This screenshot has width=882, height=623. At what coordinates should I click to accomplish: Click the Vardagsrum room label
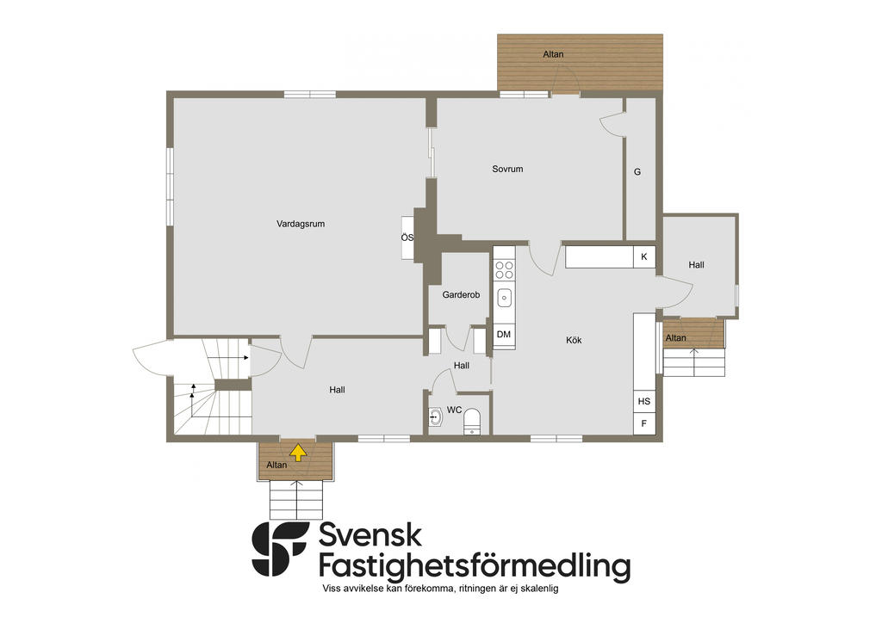pyautogui.click(x=301, y=224)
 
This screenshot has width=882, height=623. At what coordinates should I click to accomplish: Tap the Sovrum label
pyautogui.click(x=507, y=169)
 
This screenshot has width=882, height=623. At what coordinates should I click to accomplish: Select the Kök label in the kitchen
pyautogui.click(x=574, y=340)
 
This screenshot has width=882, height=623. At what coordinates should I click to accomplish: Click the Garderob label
pyautogui.click(x=461, y=294)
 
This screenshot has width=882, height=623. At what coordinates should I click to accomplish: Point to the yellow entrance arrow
pyautogui.click(x=297, y=452)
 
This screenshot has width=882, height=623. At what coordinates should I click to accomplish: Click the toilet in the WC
pyautogui.click(x=472, y=422)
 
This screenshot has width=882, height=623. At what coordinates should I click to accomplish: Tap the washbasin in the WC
pyautogui.click(x=436, y=416)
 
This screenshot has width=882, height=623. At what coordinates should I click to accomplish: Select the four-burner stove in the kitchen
pyautogui.click(x=504, y=269)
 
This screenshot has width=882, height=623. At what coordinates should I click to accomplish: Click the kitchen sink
pyautogui.click(x=504, y=298)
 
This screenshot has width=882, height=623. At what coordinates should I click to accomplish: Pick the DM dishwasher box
pyautogui.click(x=504, y=335)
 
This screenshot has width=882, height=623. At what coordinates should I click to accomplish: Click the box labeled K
pyautogui.click(x=644, y=257)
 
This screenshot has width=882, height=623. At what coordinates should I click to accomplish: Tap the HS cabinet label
pyautogui.click(x=644, y=401)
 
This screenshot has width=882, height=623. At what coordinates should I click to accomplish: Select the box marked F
pyautogui.click(x=644, y=423)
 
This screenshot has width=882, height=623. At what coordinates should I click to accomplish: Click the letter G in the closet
pyautogui.click(x=637, y=172)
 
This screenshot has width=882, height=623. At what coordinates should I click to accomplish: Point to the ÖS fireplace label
pyautogui.click(x=407, y=237)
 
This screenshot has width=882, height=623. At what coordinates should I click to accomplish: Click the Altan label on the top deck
pyautogui.click(x=553, y=54)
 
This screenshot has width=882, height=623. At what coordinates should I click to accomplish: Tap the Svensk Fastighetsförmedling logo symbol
pyautogui.click(x=280, y=549)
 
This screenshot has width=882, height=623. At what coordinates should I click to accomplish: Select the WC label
pyautogui.click(x=455, y=410)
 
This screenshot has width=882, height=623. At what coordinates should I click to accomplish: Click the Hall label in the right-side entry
pyautogui.click(x=696, y=264)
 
